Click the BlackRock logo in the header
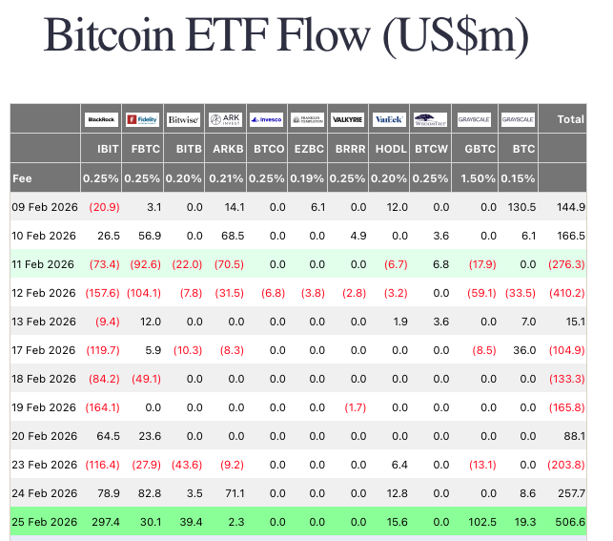coord(101,119)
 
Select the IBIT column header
coord(108,150)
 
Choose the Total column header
coord(570,119)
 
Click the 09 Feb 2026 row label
coord(44,206)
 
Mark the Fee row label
coord(24,177)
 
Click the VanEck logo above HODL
coord(389,119)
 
